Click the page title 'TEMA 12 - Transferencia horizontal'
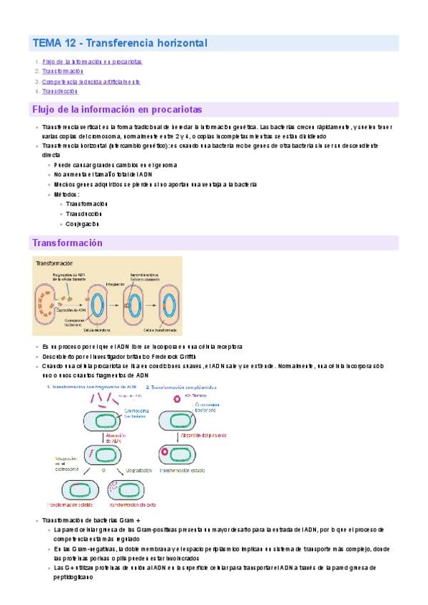pos(120,44)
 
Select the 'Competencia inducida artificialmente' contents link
pos(91,81)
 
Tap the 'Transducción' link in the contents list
pos(60,91)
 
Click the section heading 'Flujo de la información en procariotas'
pos(118,110)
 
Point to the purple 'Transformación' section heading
pos(68,243)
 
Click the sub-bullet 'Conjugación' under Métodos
pos(82,223)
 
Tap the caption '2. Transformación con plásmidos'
pos(182,386)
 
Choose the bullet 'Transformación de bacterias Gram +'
pos(92,520)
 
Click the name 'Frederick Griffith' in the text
pos(174,356)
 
